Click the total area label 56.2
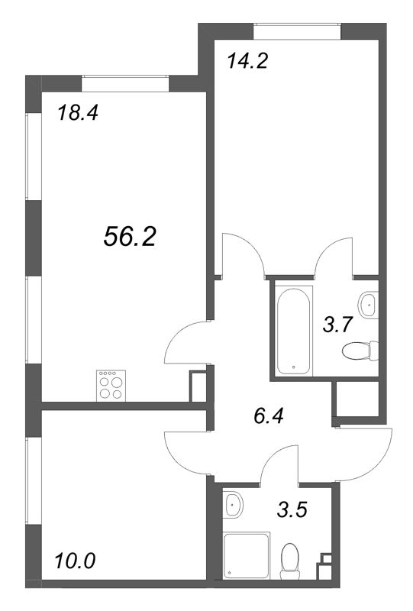coord(129,238)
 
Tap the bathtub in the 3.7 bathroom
coord(293,330)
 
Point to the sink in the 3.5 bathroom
coord(234,503)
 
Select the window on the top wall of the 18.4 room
coord(124,79)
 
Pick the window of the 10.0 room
coord(31,489)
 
